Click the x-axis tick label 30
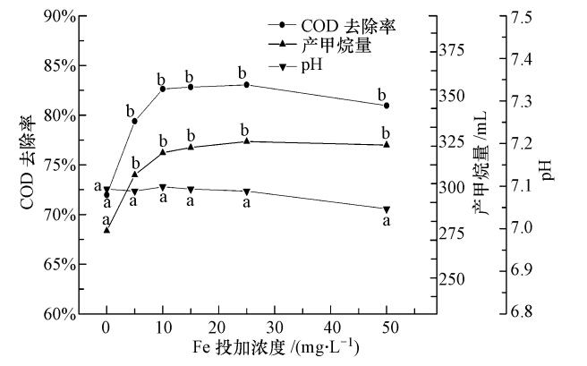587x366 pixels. click(x=275, y=327)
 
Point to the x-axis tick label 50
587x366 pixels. click(x=387, y=327)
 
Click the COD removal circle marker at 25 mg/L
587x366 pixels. click(x=246, y=85)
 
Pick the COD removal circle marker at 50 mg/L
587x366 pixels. click(x=387, y=106)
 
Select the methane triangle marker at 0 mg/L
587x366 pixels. click(x=106, y=230)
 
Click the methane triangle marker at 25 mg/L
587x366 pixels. click(x=246, y=141)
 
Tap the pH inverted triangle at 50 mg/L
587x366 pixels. click(x=387, y=209)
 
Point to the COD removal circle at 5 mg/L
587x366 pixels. click(x=134, y=121)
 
